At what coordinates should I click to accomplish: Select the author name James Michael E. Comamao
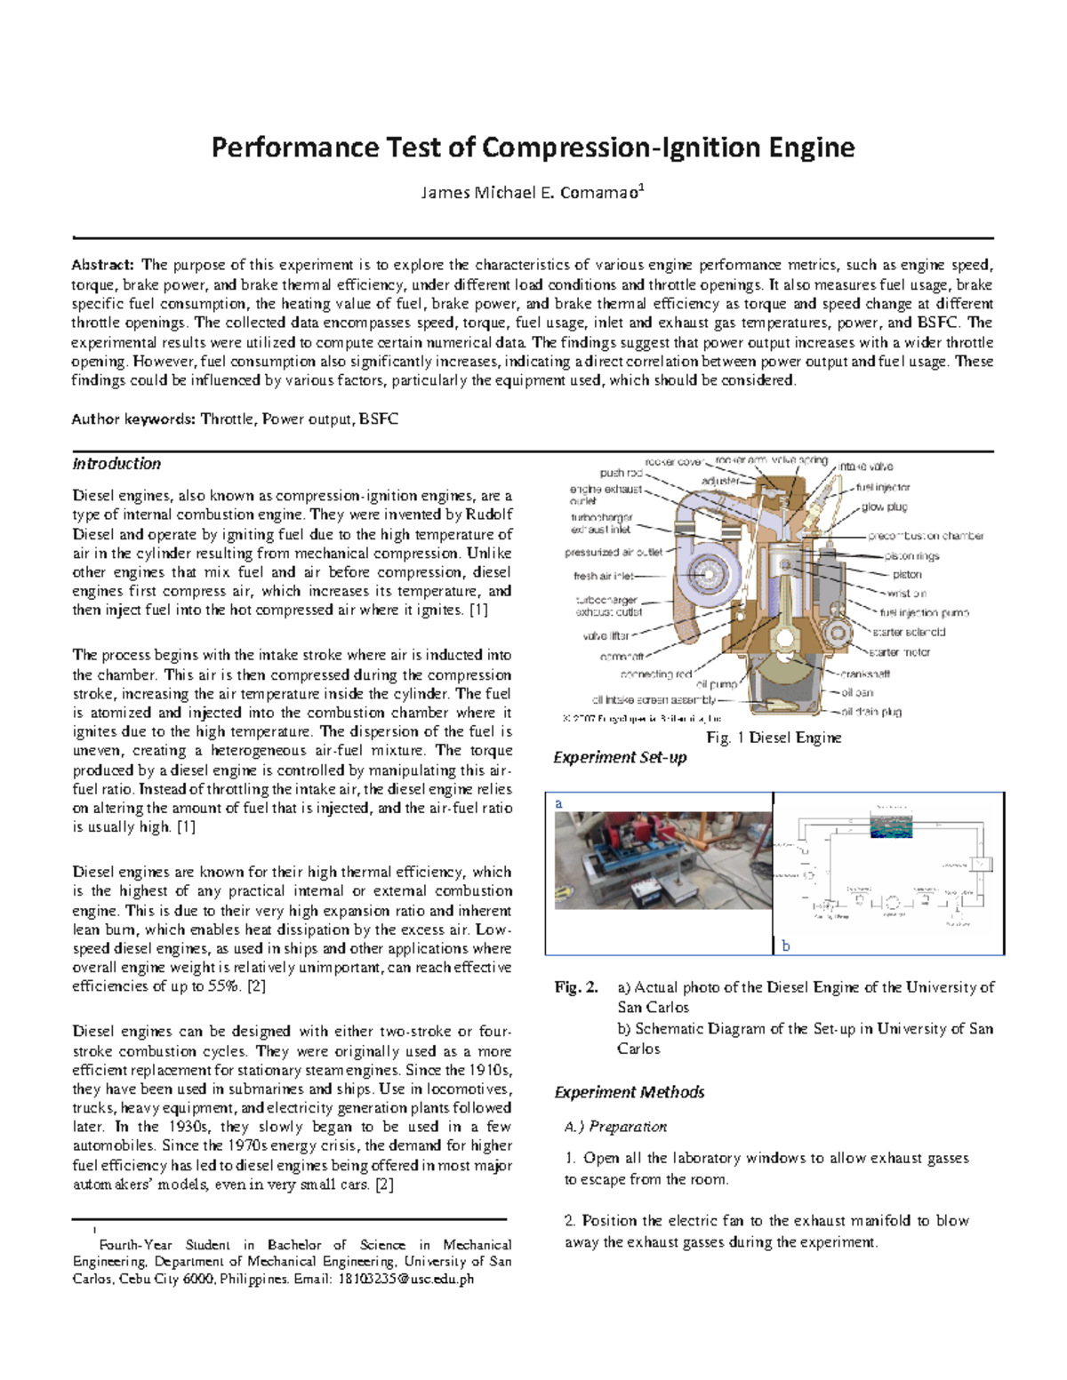point(532,193)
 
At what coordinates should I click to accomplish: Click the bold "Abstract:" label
point(102,265)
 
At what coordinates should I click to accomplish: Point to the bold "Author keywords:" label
point(133,419)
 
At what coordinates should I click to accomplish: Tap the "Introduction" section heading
point(116,464)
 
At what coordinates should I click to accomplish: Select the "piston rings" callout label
point(911,555)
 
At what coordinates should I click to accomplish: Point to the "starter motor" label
point(900,652)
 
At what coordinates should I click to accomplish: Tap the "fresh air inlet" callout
point(604,576)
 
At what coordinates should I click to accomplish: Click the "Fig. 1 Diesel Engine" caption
point(774,738)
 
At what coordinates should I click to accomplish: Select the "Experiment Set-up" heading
point(620,757)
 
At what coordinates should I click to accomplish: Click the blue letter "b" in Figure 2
point(785,946)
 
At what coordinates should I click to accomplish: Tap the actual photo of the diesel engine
point(663,860)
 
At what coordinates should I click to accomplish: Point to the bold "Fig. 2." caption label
point(575,987)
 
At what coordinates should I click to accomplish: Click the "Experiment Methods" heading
point(629,1092)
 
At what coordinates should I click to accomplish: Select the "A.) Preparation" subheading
point(615,1127)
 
